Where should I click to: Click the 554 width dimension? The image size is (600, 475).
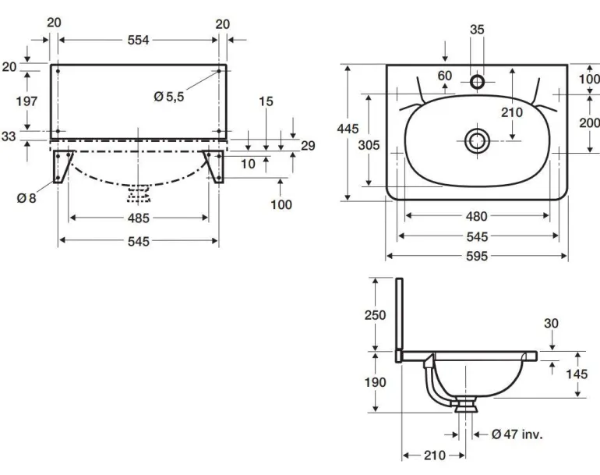point(138,40)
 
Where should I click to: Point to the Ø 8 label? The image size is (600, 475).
point(27,198)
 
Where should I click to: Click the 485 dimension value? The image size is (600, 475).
point(138,218)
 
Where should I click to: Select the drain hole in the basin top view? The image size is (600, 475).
point(477,140)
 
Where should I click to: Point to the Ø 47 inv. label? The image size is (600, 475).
point(517,434)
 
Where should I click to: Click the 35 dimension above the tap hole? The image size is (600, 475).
point(477,30)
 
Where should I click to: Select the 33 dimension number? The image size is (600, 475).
point(9,136)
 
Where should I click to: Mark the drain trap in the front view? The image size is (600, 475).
point(138,193)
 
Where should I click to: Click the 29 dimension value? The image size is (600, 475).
point(307,146)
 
